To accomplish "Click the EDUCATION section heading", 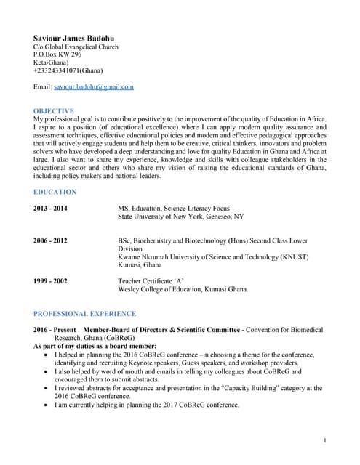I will [x=55, y=192].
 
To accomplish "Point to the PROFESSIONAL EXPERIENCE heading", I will [x=84, y=314].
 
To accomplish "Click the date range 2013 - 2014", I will [x=50, y=208].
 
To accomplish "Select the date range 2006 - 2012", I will [x=50, y=240].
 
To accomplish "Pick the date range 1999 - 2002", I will [x=50, y=280].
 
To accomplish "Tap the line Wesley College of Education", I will [x=183, y=288].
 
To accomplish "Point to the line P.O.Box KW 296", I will [x=57, y=54].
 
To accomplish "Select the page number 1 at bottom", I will [x=325, y=441].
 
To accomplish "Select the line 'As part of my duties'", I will [x=95, y=347].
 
